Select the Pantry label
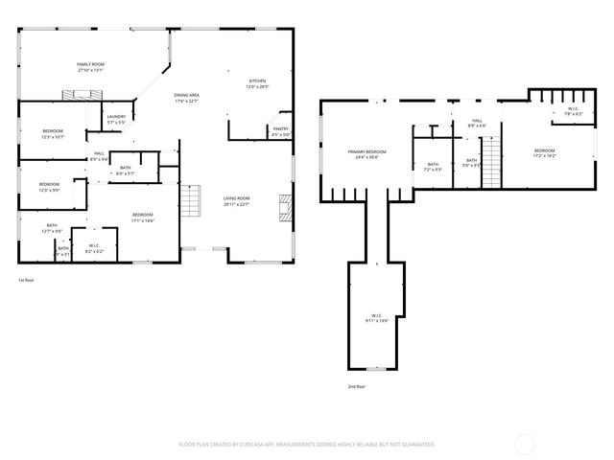pos(280,131)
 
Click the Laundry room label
pos(116,120)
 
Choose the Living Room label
pos(236,200)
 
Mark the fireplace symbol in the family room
pos(81,94)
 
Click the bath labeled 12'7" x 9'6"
pos(52,229)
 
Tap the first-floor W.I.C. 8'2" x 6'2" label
pos(95,248)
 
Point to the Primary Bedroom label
pos(366,154)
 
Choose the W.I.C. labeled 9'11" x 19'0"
pos(377,318)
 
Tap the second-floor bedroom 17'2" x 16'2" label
pos(544,153)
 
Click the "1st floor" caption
pos(26,280)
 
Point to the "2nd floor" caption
pos(357,386)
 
